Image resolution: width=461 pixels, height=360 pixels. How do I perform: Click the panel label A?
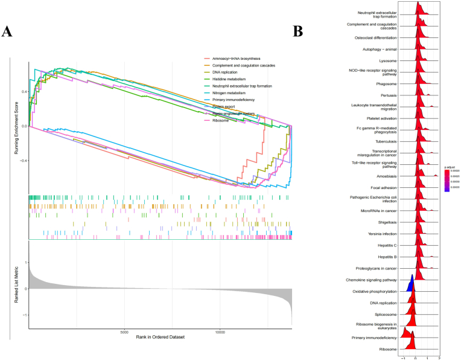[8, 32]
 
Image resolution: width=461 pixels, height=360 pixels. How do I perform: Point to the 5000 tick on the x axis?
[124, 331]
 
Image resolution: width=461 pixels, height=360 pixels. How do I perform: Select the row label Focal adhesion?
[398, 187]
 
